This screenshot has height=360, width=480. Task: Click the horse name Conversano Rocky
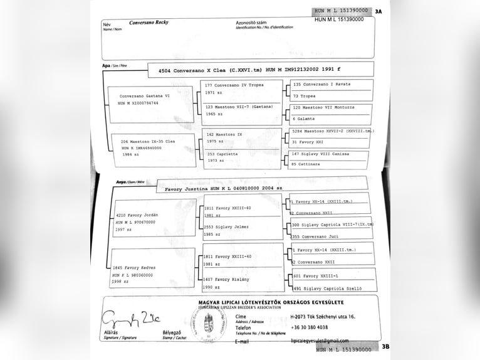pos(149,23)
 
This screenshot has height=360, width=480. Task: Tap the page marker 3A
pos(378,11)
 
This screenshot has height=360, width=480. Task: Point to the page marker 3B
pos(385,346)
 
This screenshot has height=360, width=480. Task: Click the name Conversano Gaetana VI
pos(145,96)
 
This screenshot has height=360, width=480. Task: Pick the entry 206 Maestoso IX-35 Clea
pos(148,142)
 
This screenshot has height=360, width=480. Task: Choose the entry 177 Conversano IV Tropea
pos(235,85)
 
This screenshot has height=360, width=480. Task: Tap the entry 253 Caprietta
pos(222,154)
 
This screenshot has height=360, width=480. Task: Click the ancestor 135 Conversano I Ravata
pos(322,84)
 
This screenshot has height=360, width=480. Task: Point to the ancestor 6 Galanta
pos(304,119)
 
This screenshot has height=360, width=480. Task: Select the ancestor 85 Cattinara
pos(306,164)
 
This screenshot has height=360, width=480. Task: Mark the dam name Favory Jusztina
pos(187,188)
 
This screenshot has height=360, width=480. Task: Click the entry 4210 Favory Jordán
pos(137,215)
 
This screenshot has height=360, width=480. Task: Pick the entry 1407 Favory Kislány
pos(227,279)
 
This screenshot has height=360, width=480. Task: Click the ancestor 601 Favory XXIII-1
pos(316,275)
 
